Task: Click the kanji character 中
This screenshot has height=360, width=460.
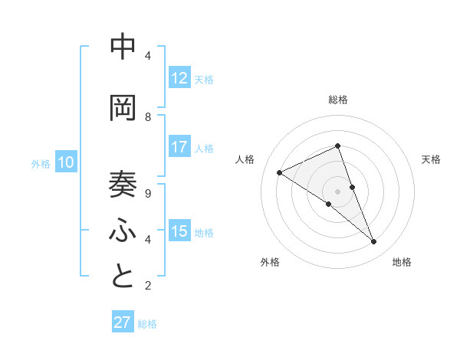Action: [x=123, y=48]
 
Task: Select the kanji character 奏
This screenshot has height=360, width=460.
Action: [x=123, y=185]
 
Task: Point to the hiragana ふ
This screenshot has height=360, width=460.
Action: [x=123, y=231]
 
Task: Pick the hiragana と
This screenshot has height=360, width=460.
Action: [x=123, y=277]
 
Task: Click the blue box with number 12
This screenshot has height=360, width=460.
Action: [x=179, y=78]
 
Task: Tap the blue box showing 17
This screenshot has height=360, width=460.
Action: [x=179, y=147]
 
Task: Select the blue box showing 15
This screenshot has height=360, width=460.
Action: [x=179, y=231]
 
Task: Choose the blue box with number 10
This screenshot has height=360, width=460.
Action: [x=66, y=162]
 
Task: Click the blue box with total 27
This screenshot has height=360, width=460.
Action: [x=123, y=322]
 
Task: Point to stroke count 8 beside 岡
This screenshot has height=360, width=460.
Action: [x=147, y=116]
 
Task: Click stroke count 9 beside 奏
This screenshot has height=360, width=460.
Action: [x=147, y=194]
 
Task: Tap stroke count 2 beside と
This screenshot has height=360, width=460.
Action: [x=147, y=286]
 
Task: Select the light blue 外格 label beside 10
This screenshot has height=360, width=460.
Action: [x=40, y=163]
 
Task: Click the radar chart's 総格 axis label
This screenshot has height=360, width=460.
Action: [x=338, y=100]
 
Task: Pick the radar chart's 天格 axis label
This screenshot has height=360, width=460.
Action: [x=431, y=159]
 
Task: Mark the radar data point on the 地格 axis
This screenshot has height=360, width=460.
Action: [x=374, y=242]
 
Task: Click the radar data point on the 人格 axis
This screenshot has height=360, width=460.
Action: [x=279, y=172]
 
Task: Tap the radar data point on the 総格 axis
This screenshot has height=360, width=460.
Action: [x=337, y=146]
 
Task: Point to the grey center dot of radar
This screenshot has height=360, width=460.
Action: [x=337, y=191]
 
